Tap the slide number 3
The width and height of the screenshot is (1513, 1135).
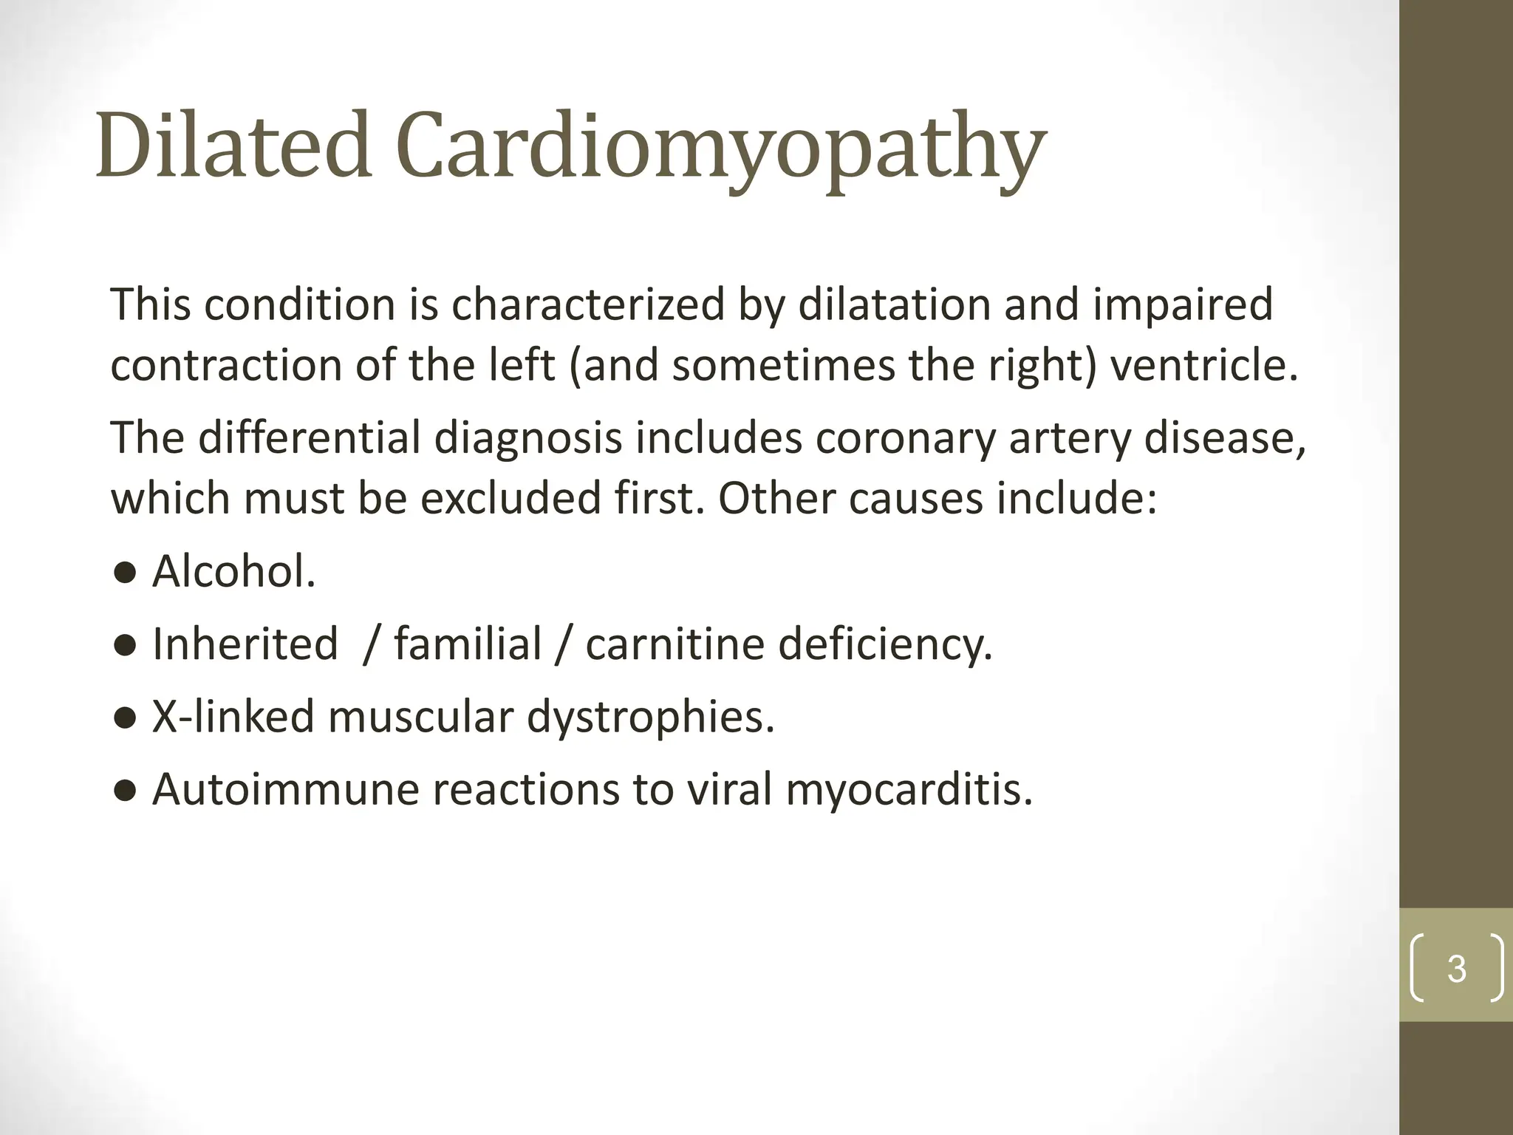1456,969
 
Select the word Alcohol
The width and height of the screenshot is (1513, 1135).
234,572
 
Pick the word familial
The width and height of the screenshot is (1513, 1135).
468,644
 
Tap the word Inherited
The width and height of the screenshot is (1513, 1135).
245,644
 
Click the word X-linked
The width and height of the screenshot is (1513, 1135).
233,716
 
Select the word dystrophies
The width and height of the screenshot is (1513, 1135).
650,718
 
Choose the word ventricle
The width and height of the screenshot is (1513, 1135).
1203,366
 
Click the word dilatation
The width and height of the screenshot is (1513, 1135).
894,304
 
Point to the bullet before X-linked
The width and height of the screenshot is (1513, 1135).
125,718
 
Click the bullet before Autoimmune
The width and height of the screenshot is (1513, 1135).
125,791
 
